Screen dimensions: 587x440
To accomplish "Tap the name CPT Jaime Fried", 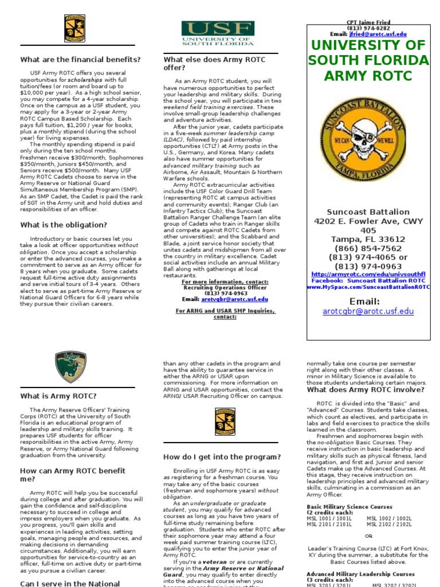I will pos(368,22).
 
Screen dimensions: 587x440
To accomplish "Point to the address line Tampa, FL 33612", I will pos(368,239).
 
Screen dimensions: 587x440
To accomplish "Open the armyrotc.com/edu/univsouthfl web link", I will pos(368,275).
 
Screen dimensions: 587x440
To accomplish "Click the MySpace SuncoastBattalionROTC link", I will pos(368,287).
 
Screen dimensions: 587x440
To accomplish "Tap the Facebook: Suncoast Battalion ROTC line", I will pos(368,281).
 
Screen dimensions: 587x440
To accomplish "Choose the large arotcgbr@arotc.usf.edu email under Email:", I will pos(368,311).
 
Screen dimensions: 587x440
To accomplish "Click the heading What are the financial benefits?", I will pos(80,59).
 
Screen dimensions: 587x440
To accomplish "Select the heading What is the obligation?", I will pos(63,225).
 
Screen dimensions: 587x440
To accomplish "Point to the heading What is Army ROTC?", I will pos(58,396).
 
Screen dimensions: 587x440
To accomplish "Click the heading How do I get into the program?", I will pos(222,457).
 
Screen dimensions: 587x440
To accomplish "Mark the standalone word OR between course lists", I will pos(368,536).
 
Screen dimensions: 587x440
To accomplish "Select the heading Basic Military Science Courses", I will pos(349,507).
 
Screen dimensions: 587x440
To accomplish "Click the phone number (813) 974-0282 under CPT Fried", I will pos(368,28).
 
